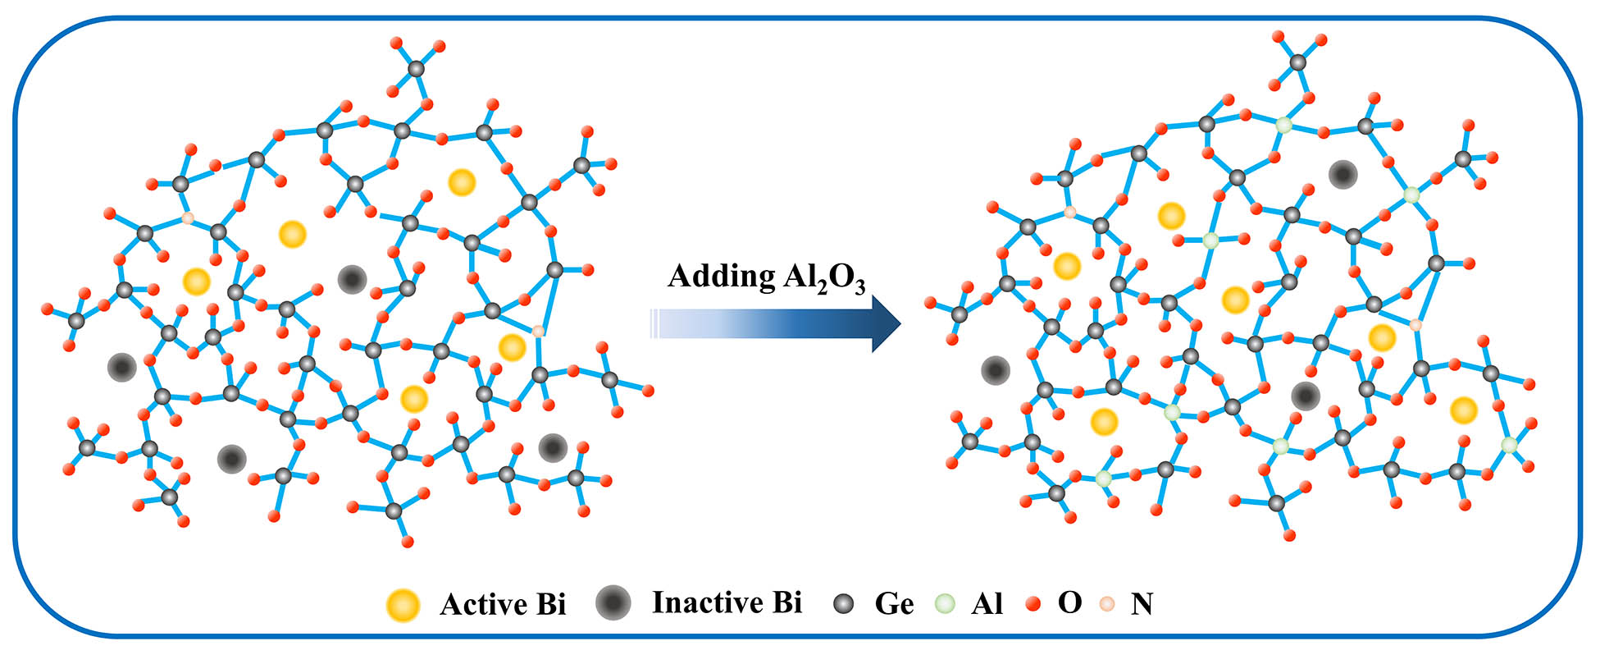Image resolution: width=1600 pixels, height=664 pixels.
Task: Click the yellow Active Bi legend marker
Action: click(x=403, y=606)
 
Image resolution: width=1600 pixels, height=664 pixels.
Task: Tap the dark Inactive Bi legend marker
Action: click(x=613, y=603)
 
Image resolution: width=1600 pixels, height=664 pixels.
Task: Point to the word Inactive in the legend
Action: click(x=702, y=602)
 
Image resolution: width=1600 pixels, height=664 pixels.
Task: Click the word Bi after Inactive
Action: click(x=786, y=602)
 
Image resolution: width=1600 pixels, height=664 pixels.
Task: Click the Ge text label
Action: click(x=894, y=605)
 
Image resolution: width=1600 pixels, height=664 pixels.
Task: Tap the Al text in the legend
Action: click(x=987, y=605)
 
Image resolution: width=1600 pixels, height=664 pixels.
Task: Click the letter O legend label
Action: click(x=1069, y=603)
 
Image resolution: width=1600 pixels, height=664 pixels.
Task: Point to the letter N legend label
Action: click(x=1142, y=605)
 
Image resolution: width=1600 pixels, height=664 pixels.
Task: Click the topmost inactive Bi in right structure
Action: click(x=1342, y=174)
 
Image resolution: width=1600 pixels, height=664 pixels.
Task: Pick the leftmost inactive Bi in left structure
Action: click(x=121, y=367)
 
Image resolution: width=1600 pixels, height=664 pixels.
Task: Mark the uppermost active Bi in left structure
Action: click(x=462, y=182)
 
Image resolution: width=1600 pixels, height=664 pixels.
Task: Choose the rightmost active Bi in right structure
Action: click(x=1464, y=410)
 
